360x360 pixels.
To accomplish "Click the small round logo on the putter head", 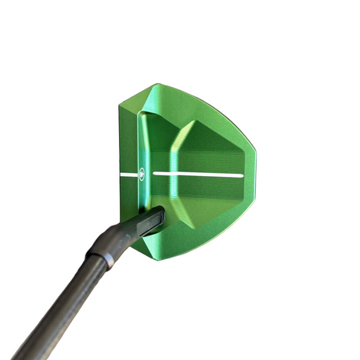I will pos(142,174).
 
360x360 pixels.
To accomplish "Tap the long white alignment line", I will pos(196,173).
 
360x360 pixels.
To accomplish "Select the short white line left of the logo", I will pos(129,175).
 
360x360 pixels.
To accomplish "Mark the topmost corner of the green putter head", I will pos(159,85).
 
